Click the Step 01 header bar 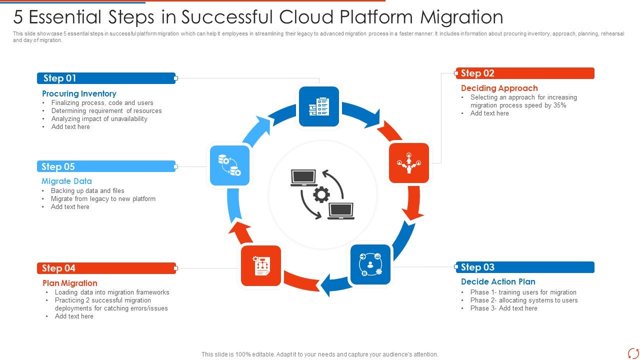tap(106, 78)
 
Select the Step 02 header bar tap(525, 73)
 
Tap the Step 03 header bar tap(525, 267)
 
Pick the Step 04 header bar tap(106, 268)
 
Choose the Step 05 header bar tap(106, 166)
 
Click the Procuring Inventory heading tap(79, 93)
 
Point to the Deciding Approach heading tap(499, 88)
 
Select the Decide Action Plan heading tap(498, 281)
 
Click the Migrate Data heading tap(66, 181)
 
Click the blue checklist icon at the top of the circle tap(319, 106)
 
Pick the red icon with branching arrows tap(409, 163)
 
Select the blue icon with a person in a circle tap(370, 264)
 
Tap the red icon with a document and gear tap(261, 266)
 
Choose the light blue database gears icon tap(229, 165)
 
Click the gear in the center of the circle tap(321, 194)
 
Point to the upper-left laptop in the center tap(303, 177)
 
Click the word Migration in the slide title tap(461, 17)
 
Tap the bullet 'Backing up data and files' tap(87, 190)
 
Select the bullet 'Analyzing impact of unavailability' tap(99, 118)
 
